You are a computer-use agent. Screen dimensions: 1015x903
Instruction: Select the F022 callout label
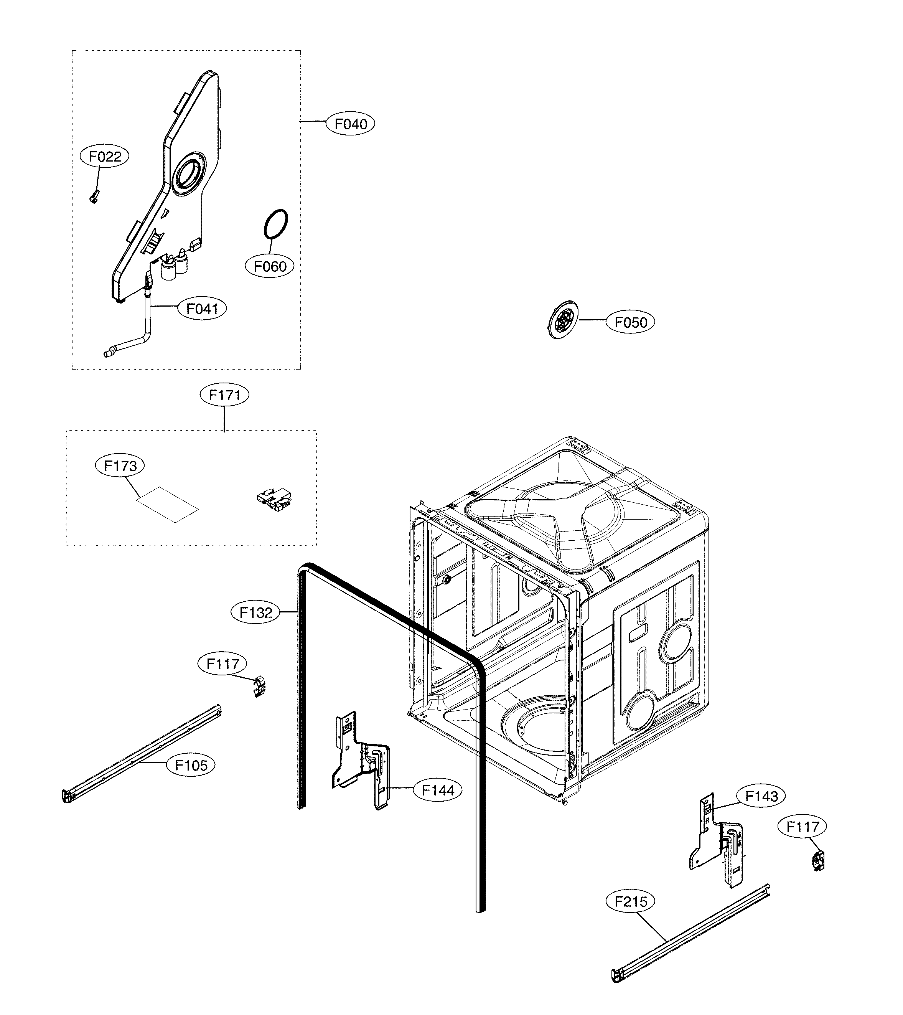tap(104, 157)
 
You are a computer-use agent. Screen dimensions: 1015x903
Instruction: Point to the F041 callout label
tap(202, 309)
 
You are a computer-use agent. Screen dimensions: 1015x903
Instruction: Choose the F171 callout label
tap(224, 395)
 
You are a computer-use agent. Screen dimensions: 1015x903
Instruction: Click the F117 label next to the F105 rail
tap(222, 664)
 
